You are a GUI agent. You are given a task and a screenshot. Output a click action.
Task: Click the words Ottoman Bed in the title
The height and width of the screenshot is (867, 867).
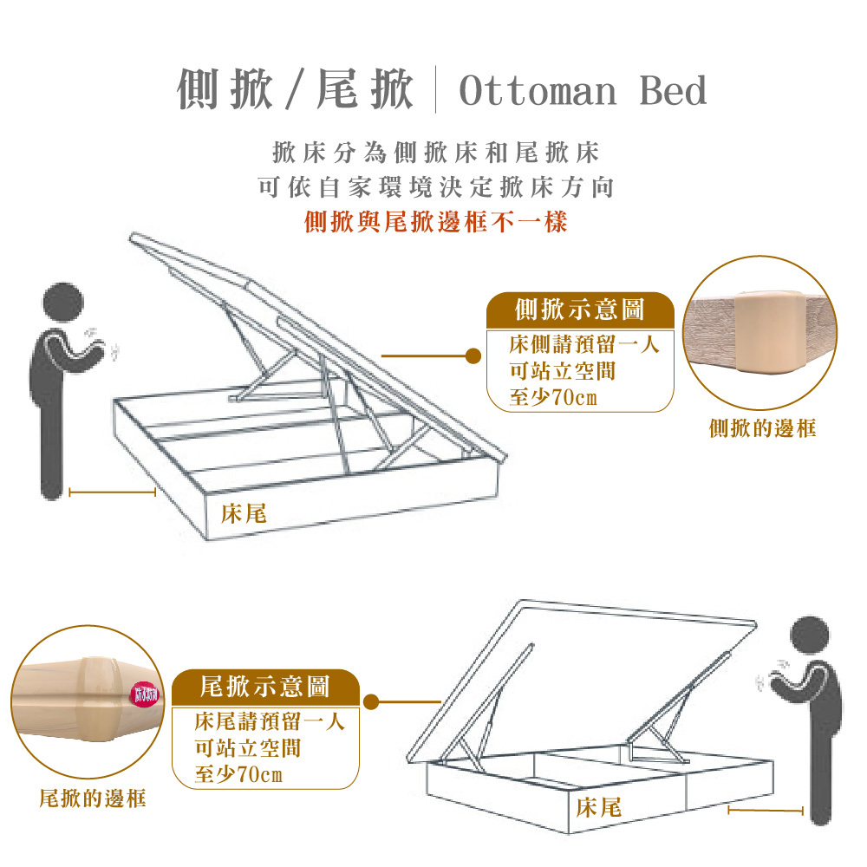(x=583, y=91)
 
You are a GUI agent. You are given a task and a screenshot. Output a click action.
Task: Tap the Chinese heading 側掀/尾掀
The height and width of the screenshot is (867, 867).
(x=295, y=89)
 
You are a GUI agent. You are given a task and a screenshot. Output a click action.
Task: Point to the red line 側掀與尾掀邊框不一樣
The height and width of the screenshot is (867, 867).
(x=436, y=222)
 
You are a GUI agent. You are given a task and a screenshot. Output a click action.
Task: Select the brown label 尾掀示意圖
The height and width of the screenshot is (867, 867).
(x=265, y=687)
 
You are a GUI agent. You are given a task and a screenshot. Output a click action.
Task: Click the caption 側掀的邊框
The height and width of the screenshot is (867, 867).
(x=762, y=427)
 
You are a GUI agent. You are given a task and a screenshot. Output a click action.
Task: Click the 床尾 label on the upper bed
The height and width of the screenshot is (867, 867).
(x=243, y=514)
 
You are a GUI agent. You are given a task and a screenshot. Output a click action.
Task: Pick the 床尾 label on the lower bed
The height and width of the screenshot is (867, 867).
(x=598, y=808)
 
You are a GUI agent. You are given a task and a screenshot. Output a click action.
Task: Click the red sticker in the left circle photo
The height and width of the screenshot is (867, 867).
(x=144, y=694)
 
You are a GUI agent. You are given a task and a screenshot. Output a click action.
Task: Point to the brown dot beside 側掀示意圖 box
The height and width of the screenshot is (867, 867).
(x=473, y=355)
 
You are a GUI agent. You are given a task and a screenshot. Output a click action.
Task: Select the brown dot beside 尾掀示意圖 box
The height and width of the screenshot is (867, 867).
(x=372, y=701)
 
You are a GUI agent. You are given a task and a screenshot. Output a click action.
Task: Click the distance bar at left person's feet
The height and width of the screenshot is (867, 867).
(x=112, y=492)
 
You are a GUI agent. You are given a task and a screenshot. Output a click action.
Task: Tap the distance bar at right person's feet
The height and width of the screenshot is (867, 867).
(x=766, y=811)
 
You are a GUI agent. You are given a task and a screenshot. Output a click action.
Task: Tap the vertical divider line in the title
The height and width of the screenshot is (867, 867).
(x=436, y=91)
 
